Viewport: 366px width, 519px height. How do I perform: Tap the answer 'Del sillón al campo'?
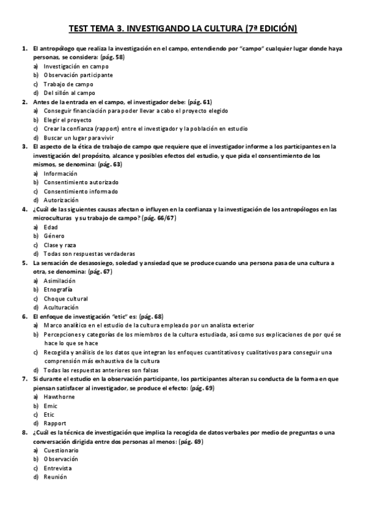click(69, 93)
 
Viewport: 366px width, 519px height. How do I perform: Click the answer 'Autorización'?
click(61, 200)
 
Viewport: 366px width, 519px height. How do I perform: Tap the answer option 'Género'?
click(54, 236)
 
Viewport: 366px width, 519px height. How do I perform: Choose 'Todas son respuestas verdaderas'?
click(89, 253)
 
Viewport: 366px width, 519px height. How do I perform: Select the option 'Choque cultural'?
click(66, 298)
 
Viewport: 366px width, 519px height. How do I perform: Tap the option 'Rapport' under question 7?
click(56, 423)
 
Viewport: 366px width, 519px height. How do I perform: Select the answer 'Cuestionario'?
click(61, 450)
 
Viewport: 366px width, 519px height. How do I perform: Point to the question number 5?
click(24, 263)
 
